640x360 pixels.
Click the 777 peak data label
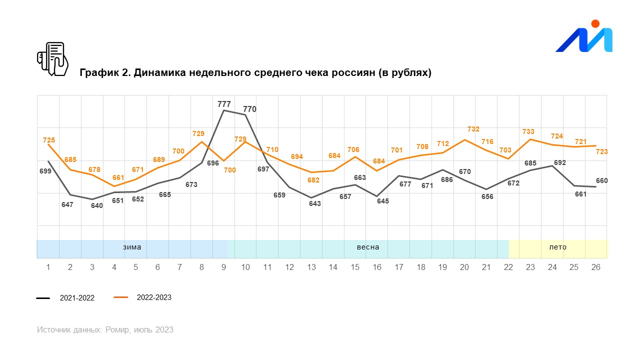224,104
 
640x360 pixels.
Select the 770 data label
249,109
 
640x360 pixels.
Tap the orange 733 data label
528,131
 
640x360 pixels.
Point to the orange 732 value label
473,129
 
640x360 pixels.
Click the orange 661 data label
118,177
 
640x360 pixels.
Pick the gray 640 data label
96,205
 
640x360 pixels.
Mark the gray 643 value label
315,203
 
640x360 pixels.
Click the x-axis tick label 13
311,267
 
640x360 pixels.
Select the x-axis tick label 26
596,267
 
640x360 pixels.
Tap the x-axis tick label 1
48,267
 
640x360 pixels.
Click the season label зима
132,247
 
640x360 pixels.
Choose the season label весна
368,247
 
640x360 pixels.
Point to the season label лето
558,247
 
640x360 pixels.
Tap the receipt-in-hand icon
52,59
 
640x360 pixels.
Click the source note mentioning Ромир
105,329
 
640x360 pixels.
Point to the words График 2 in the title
103,73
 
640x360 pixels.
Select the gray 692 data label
559,162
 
